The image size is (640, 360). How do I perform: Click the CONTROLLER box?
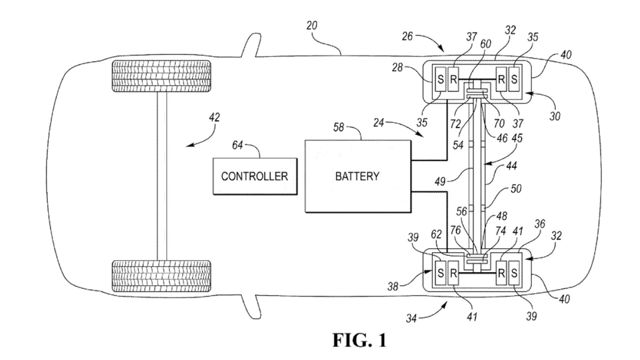pos(255,176)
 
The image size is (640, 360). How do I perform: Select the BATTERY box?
pos(357,176)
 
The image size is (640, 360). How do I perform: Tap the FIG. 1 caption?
pos(360,340)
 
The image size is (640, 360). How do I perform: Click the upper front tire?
pos(162,76)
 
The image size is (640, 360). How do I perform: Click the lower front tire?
pos(162,276)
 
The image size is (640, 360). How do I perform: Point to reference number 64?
pos(238,146)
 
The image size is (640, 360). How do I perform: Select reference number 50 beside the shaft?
pos(516,189)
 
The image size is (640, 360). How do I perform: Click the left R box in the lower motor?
pos(453,273)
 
